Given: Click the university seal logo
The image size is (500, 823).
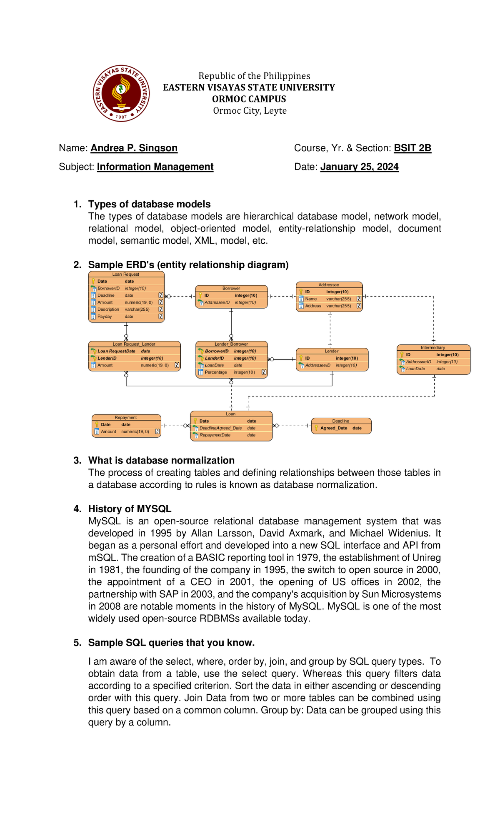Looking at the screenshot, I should coord(121,93).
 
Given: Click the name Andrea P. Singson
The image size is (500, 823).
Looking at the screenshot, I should coord(134,148).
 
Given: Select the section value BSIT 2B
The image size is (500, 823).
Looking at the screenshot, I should coord(412,148).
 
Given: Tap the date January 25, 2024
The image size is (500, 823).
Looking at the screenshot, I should coord(359,167).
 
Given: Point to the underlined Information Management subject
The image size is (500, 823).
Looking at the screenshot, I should coord(155,167).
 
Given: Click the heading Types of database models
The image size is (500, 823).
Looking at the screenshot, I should coord(149,205).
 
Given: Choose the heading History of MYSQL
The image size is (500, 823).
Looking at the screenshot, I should coord(130,509).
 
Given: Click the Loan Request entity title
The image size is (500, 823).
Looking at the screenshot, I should coord(126,274).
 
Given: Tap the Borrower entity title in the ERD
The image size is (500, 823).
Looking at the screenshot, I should coord(231,288).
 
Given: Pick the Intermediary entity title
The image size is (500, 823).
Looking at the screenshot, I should coord(433,347).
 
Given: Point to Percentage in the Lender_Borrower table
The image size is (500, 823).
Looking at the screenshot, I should coord(216,372).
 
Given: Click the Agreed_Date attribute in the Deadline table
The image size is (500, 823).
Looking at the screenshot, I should coord(334,428).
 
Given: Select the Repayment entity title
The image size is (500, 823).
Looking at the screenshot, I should coord(126,417).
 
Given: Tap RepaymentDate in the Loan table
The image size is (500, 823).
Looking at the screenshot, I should coord(215,435).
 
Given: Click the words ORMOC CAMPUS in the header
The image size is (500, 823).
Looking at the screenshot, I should coord(249,99).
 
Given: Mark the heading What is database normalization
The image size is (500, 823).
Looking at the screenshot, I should coord(161,461).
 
